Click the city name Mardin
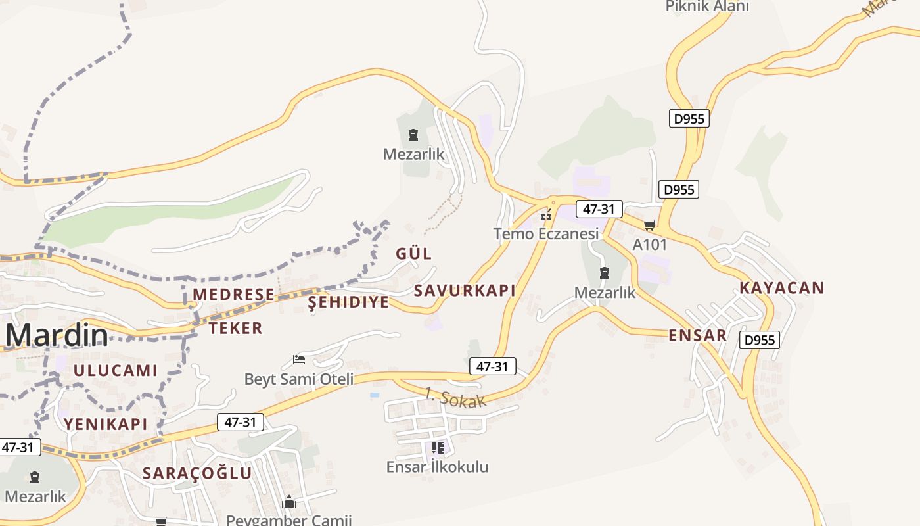(57, 335)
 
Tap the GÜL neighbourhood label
(414, 254)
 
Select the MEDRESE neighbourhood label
(233, 295)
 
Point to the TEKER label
(236, 328)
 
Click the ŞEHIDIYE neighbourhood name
(349, 302)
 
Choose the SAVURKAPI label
(465, 291)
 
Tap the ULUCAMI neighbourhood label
(116, 370)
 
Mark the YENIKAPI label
(106, 424)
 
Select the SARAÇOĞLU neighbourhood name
(197, 473)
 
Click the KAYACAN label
(781, 288)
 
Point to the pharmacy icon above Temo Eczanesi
(545, 215)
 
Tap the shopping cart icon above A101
(650, 226)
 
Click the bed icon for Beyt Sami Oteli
(299, 360)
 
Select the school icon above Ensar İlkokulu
(438, 448)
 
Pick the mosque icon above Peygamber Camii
(289, 502)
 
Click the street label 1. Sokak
(455, 398)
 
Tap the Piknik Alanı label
(707, 7)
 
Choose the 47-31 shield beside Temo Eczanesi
(599, 209)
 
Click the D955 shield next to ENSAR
(759, 340)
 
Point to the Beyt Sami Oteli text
(299, 379)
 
